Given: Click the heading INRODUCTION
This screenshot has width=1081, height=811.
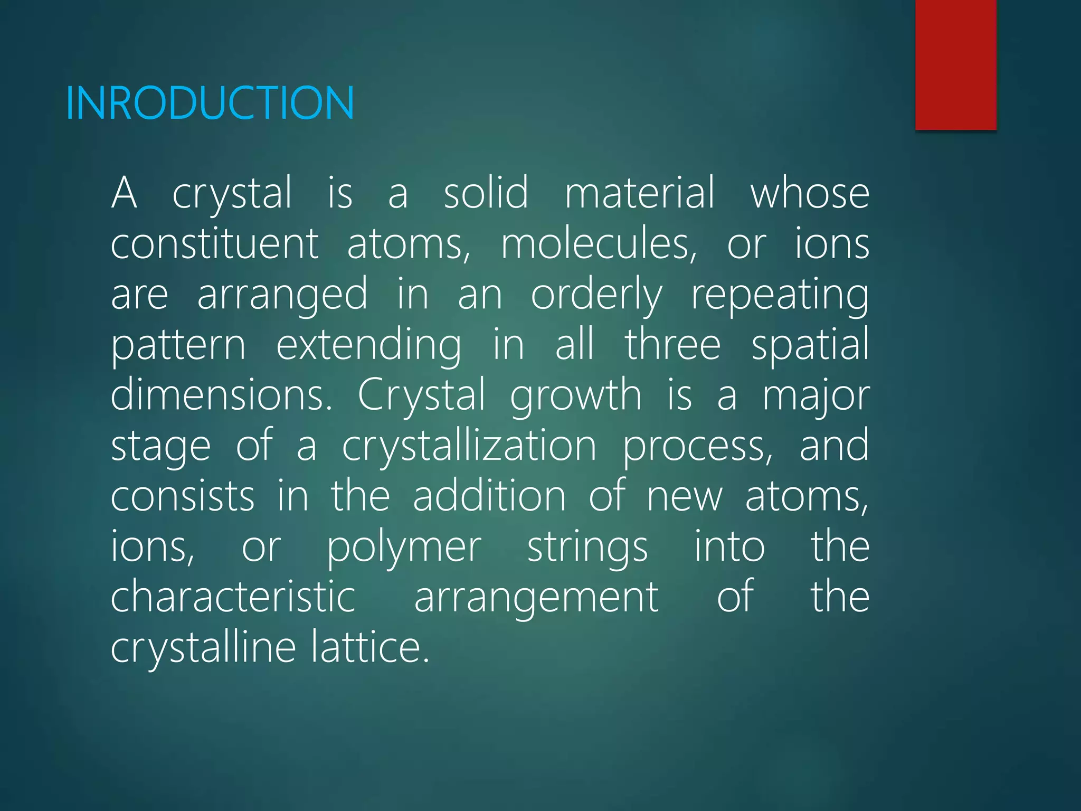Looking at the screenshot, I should point(210,103).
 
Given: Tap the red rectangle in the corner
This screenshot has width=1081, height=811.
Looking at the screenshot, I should point(955,64).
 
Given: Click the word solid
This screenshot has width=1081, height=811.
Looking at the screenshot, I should point(486,193).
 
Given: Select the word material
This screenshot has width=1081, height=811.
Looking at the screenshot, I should point(640,193).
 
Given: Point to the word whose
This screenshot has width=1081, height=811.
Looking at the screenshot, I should point(810,193).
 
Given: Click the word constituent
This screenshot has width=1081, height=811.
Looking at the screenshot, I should point(214,244).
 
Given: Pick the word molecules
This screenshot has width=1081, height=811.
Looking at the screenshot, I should point(599,244).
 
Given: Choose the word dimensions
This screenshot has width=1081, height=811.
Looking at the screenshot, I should point(222,395).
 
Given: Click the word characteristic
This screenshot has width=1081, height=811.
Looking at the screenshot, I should point(233,597).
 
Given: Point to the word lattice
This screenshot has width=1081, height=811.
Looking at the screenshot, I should point(369,648).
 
